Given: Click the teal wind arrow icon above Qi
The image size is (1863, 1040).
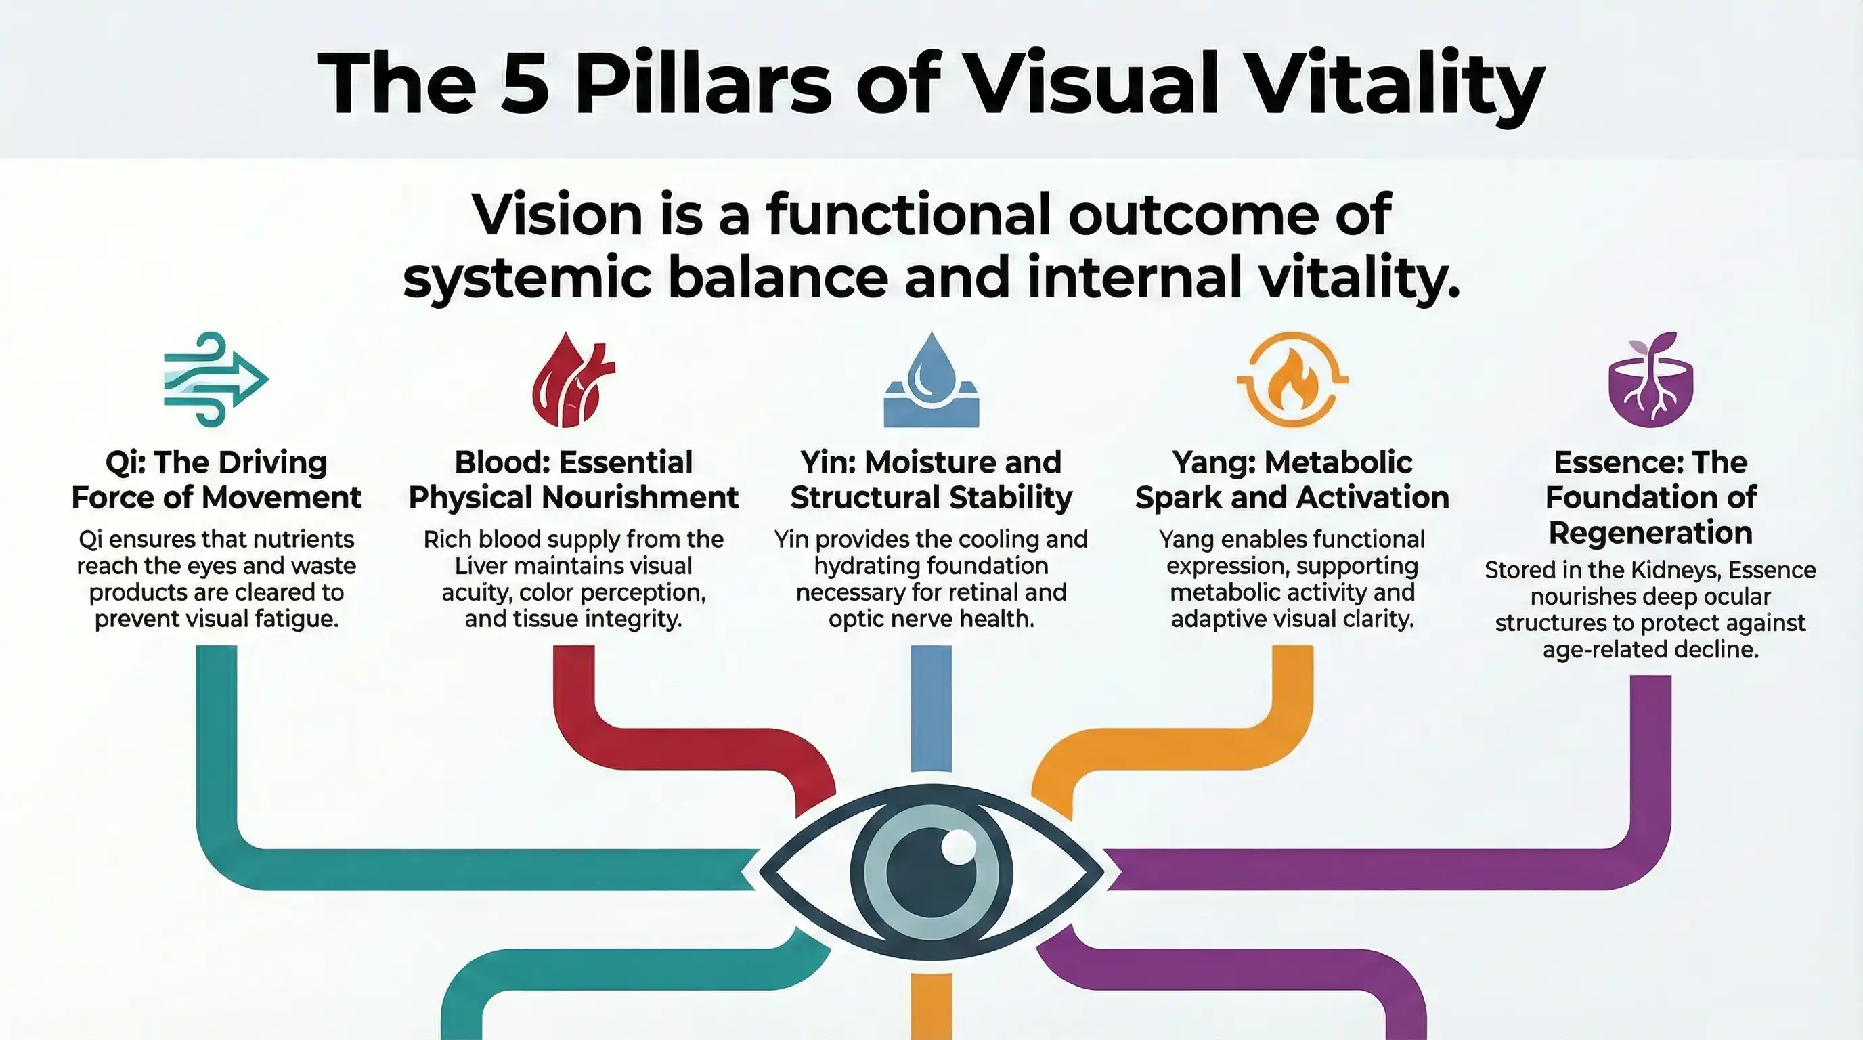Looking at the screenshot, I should click(x=215, y=379).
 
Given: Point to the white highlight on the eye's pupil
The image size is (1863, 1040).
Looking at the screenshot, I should click(x=959, y=846).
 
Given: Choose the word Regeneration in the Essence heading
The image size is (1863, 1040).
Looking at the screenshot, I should click(x=1650, y=533).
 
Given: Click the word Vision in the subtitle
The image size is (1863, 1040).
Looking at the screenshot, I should click(x=557, y=215).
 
